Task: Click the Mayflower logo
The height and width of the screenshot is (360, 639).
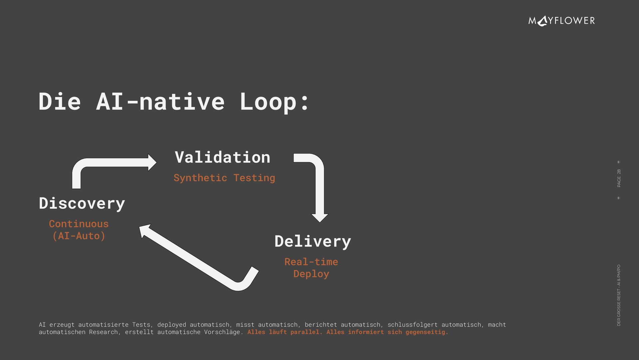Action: (561, 21)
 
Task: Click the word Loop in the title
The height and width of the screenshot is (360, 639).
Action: (268, 102)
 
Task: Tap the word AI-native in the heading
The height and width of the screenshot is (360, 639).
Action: (160, 102)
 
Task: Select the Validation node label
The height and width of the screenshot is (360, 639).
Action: (222, 157)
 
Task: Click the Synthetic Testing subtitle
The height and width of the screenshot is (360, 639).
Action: (224, 178)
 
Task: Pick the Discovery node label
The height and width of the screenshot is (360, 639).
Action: (82, 203)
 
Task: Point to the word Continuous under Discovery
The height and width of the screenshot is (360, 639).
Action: (79, 224)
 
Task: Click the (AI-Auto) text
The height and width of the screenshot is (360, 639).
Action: (79, 236)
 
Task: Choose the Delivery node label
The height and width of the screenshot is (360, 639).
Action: (313, 241)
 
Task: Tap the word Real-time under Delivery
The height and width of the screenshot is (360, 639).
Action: (311, 262)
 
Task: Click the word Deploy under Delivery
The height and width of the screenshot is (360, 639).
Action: (311, 274)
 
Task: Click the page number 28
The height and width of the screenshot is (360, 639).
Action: (619, 172)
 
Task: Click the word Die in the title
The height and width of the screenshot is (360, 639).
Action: (60, 102)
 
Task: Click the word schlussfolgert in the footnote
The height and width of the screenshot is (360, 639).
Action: (412, 325)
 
